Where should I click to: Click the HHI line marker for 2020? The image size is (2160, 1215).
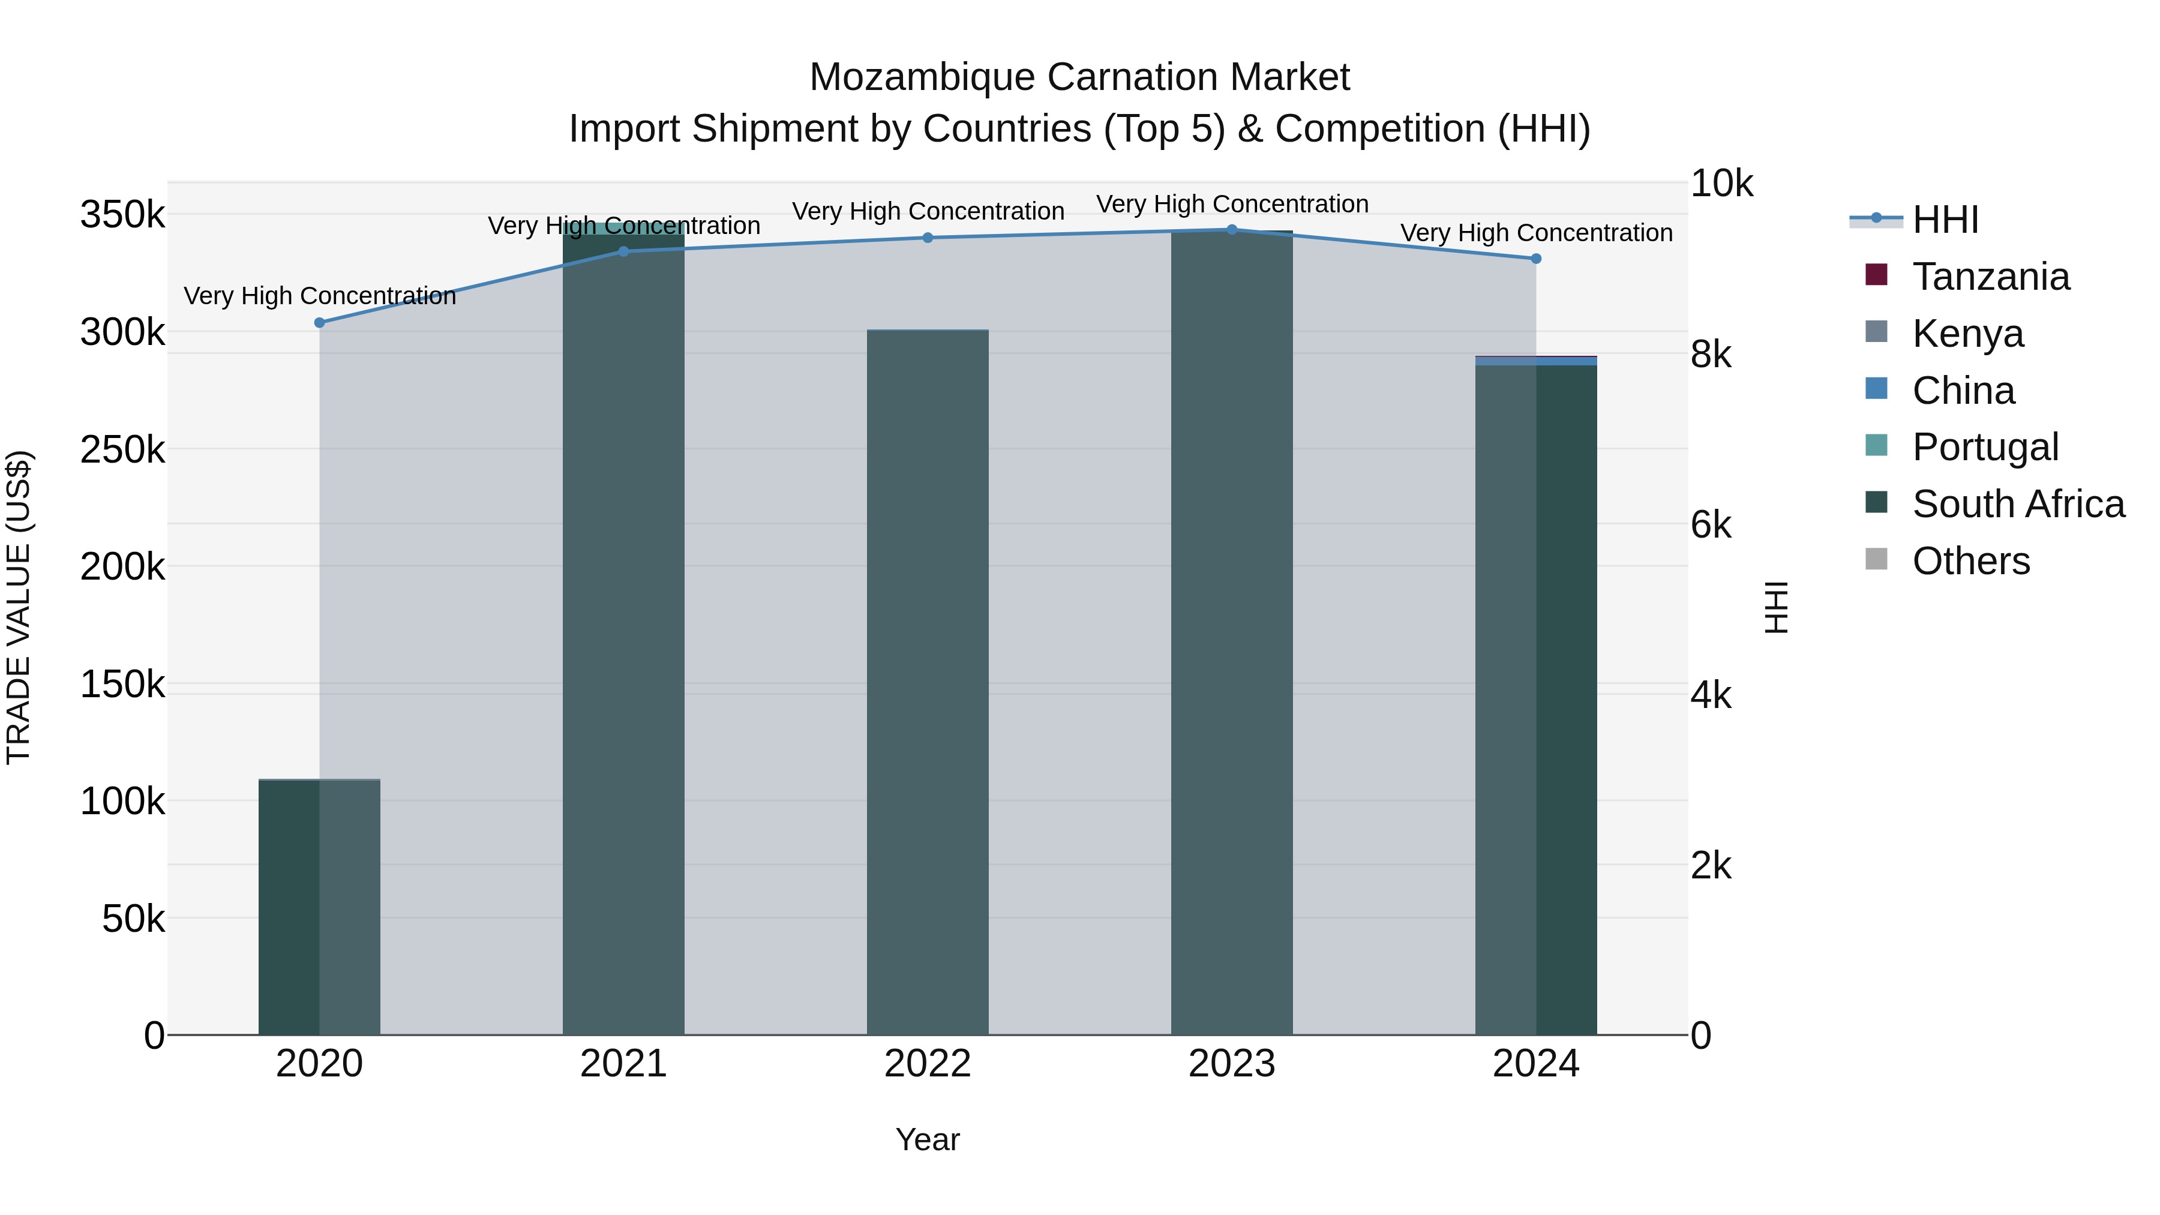[x=319, y=323]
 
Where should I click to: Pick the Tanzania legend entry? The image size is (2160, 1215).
[x=1991, y=277]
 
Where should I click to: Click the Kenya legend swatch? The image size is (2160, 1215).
[x=1877, y=332]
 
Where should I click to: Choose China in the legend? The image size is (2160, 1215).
[x=1963, y=391]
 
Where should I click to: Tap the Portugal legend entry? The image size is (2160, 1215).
[x=1985, y=447]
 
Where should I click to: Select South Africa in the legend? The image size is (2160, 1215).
[x=2017, y=504]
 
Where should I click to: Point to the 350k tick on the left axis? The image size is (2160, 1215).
[x=122, y=215]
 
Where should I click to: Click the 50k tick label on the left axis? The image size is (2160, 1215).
[x=133, y=919]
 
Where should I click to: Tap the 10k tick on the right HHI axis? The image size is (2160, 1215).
[x=1721, y=184]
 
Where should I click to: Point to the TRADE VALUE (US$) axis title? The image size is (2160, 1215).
[x=19, y=607]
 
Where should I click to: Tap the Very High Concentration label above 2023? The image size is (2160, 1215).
[x=1232, y=204]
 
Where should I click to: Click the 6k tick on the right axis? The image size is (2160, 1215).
[x=1711, y=525]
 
